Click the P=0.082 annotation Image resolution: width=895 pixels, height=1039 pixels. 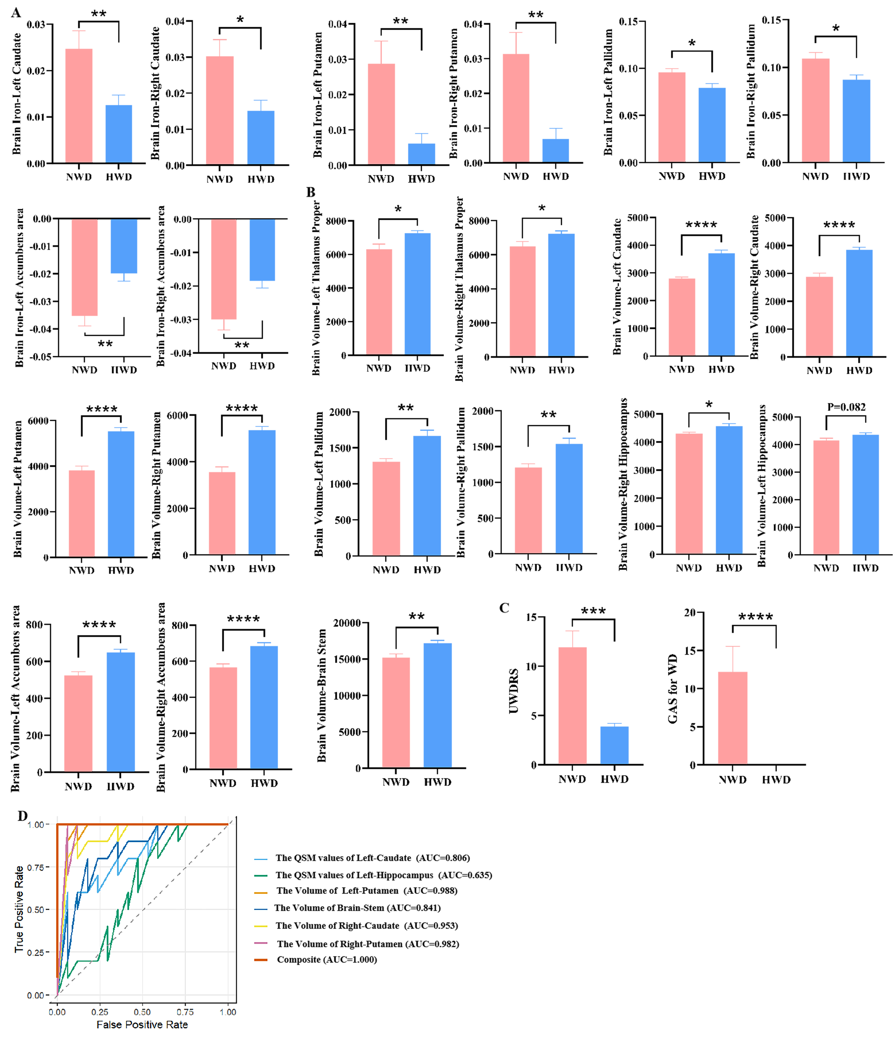[x=846, y=407]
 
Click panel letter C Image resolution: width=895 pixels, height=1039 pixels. [x=504, y=608]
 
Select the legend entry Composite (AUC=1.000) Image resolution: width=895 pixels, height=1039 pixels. [x=326, y=959]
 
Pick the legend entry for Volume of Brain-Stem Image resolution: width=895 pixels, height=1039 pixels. [x=357, y=908]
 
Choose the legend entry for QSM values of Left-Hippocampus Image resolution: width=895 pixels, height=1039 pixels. [x=383, y=875]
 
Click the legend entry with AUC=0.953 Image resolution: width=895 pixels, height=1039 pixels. [x=367, y=926]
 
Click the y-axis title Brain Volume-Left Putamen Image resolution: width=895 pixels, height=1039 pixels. [x=18, y=489]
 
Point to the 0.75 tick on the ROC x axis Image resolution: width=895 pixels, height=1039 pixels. [x=185, y=1012]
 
